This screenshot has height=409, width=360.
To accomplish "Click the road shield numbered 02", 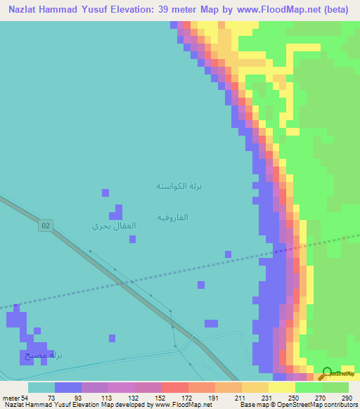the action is point(46,225).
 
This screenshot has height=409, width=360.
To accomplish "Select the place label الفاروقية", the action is point(172,217).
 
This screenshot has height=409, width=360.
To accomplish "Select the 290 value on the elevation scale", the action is point(346,398).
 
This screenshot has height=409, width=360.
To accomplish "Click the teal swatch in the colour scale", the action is point(41,387).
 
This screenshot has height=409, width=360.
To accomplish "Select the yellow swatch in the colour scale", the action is point(281,387).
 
